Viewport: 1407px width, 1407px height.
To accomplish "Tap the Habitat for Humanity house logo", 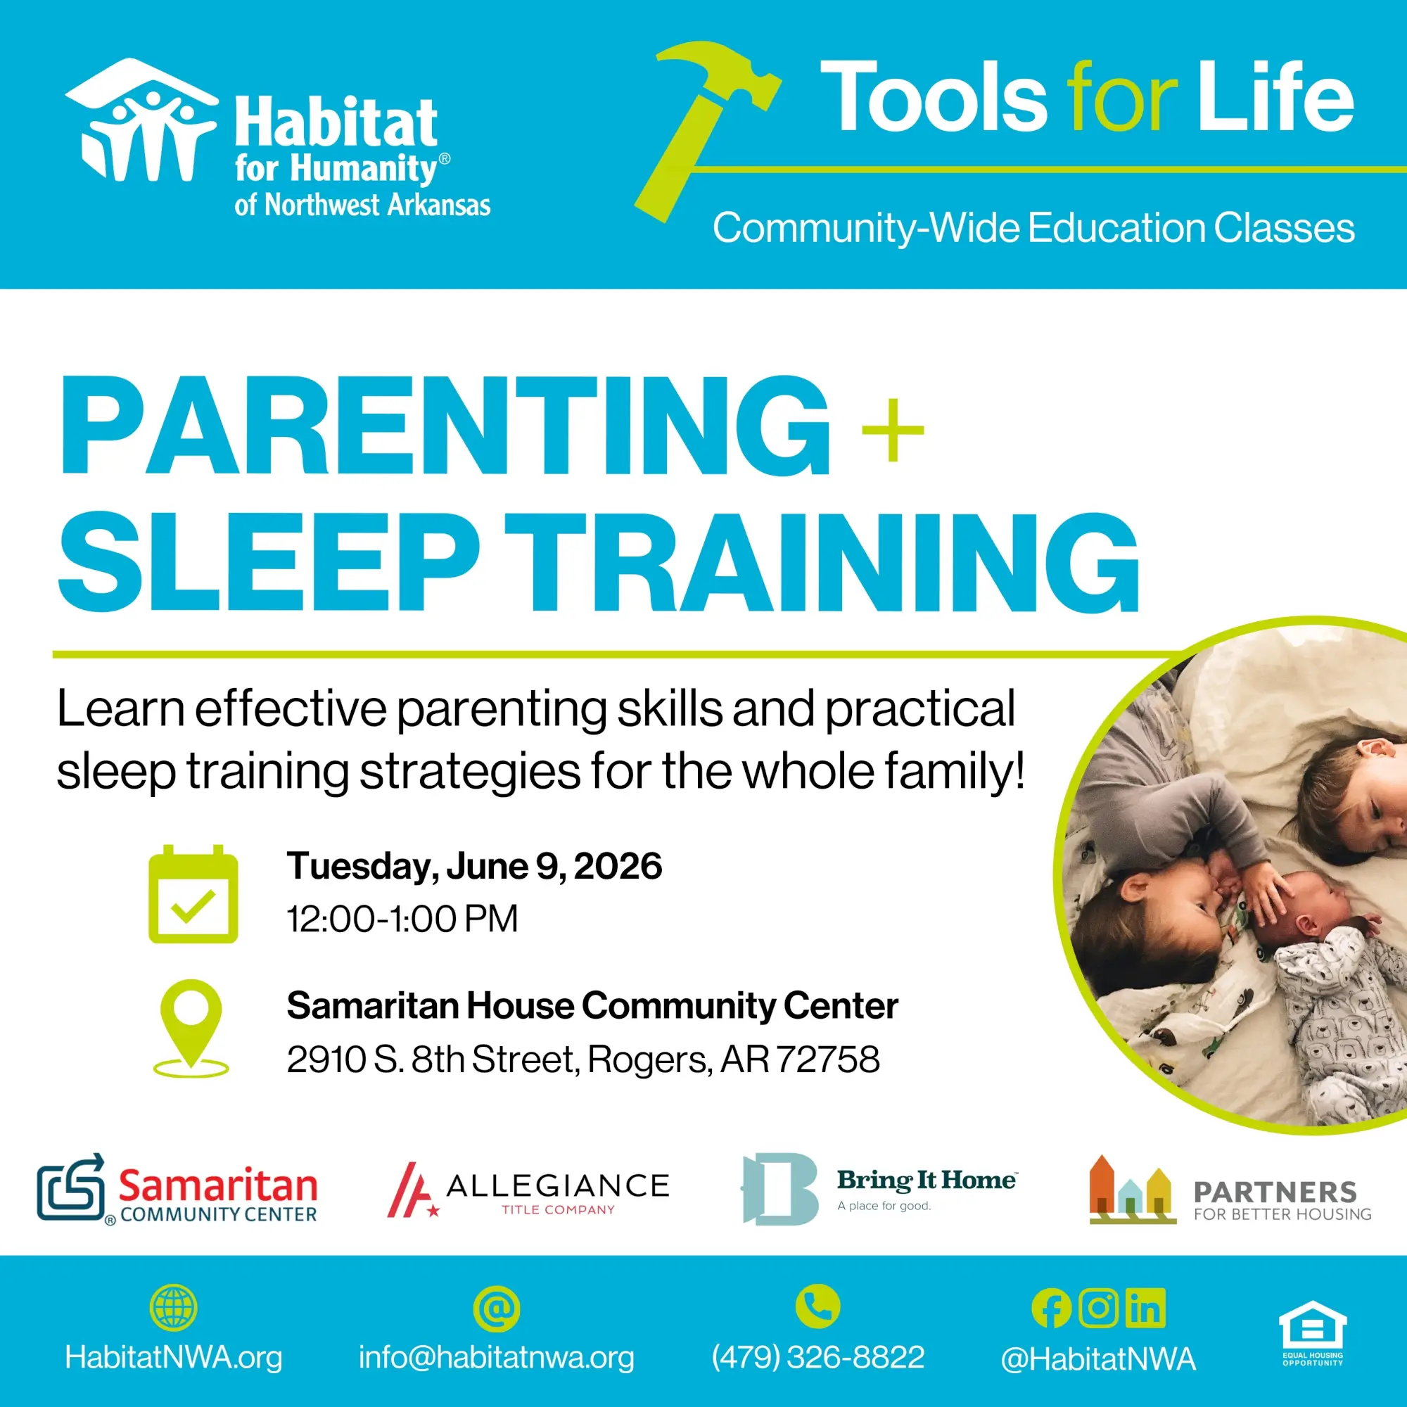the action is (x=141, y=120).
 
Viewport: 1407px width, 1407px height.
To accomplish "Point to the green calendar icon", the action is (x=193, y=893).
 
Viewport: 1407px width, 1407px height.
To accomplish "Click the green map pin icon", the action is (x=191, y=1029).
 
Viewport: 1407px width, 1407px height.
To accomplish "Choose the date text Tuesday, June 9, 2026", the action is (x=474, y=867).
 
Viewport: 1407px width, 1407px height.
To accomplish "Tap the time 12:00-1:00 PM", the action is (x=402, y=918).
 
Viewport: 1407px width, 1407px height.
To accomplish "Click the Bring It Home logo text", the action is (x=927, y=1180).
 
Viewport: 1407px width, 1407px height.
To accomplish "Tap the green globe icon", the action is (x=173, y=1307).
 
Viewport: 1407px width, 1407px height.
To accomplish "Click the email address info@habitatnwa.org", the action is (x=496, y=1358).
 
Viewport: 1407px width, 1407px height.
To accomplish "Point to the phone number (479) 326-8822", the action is (x=818, y=1358).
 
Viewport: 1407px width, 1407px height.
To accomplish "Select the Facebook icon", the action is (x=1051, y=1309).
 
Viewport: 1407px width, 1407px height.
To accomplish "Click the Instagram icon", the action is (x=1098, y=1308).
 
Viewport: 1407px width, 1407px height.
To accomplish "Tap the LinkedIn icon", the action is (x=1145, y=1308).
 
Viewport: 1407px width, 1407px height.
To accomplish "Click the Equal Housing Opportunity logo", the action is (x=1313, y=1332).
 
